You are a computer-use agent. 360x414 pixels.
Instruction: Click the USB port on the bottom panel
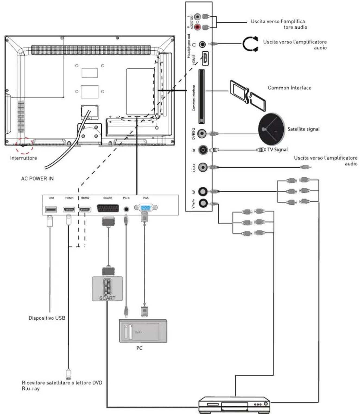click(x=51, y=209)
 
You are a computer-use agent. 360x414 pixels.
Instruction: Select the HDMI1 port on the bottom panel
click(x=69, y=209)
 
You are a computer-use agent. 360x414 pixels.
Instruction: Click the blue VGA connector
click(x=146, y=208)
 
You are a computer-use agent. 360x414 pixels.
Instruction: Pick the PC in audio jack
click(x=126, y=209)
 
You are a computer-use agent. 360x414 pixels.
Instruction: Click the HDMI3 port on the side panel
click(x=205, y=59)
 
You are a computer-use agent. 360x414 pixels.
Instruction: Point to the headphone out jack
click(x=203, y=44)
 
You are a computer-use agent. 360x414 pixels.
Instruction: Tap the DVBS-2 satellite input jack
click(x=202, y=133)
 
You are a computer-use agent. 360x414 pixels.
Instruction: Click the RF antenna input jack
click(x=203, y=150)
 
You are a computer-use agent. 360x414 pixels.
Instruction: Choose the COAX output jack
click(x=203, y=167)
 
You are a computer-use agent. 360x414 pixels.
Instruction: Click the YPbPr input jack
click(x=203, y=203)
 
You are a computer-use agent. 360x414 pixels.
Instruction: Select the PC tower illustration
click(x=143, y=331)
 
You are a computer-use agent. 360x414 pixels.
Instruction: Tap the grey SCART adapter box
click(x=107, y=289)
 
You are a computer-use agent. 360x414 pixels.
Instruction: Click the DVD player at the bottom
click(x=234, y=405)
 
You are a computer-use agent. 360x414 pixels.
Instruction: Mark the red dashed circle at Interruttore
click(x=24, y=146)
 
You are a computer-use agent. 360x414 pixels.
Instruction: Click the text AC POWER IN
click(x=37, y=179)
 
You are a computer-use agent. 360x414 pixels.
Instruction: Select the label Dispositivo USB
click(x=47, y=318)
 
